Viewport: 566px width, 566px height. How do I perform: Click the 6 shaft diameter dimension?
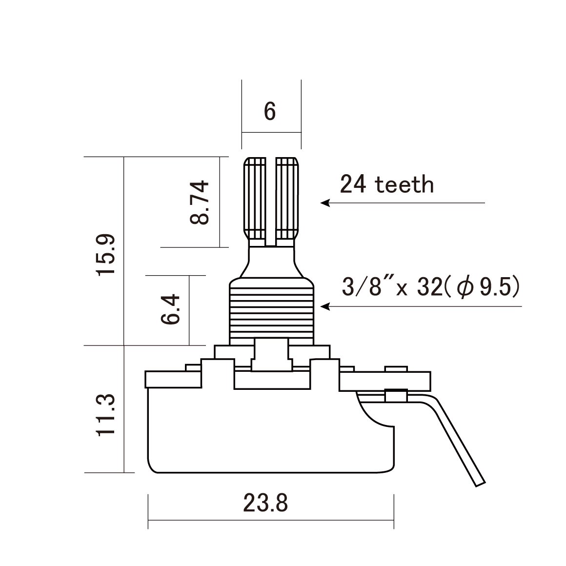pyautogui.click(x=270, y=112)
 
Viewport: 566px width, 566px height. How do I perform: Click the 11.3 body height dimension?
pyautogui.click(x=106, y=414)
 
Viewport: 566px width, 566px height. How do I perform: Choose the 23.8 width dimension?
pyautogui.click(x=266, y=503)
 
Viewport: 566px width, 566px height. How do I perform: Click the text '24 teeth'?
pyautogui.click(x=386, y=185)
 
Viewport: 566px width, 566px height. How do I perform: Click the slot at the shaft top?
pyautogui.click(x=271, y=200)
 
